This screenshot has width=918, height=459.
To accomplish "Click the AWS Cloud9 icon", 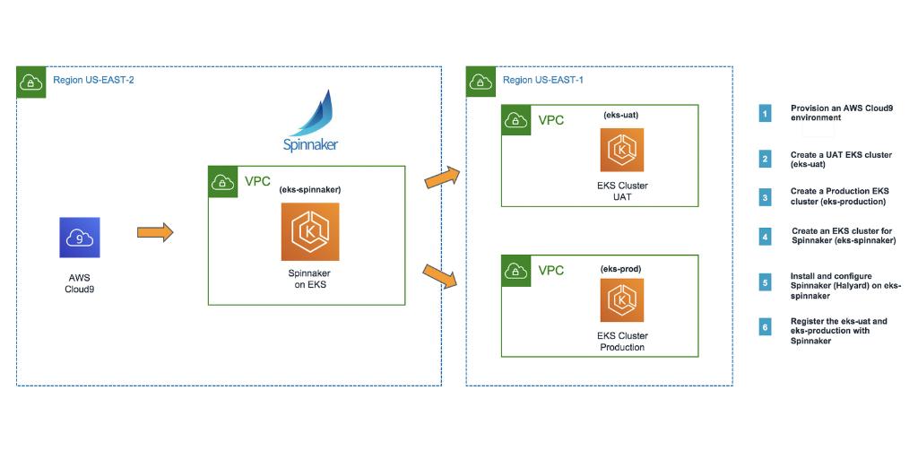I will [x=80, y=238].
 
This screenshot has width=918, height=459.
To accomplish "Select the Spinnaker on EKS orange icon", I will [x=309, y=231].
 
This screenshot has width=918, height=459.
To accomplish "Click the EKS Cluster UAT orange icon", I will [x=621, y=150].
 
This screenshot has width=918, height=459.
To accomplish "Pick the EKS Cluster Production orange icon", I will [x=621, y=300].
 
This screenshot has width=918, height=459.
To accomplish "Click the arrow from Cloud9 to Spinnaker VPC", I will [x=154, y=233].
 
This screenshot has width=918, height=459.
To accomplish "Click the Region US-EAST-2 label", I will [x=93, y=80].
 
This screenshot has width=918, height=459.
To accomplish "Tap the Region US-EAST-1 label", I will [x=543, y=80].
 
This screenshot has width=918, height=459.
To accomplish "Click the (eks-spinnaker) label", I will [x=309, y=190].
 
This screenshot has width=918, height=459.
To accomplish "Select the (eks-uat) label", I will [x=620, y=115].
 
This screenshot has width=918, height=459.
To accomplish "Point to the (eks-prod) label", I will [x=620, y=268].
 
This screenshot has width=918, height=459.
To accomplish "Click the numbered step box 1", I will [x=765, y=113].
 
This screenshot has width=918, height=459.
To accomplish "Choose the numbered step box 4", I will [x=765, y=237].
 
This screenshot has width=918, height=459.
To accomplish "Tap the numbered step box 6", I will [x=765, y=327].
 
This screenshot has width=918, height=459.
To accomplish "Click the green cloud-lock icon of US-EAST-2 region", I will [x=30, y=82].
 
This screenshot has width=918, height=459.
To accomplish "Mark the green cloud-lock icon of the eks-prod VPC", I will [x=515, y=269].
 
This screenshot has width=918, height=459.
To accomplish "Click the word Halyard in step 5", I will [x=853, y=284].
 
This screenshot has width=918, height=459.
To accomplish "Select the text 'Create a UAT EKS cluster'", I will [x=841, y=155].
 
